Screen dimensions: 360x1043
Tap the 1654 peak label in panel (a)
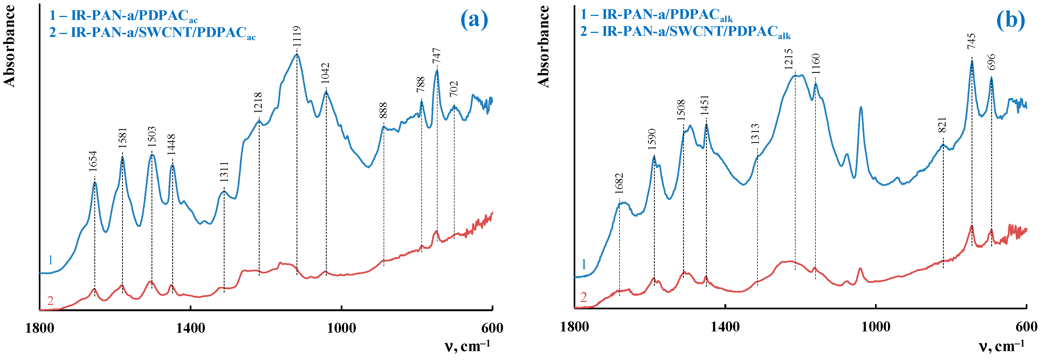[93, 161]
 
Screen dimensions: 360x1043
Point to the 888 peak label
[383, 111]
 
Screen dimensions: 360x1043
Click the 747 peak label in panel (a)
[436, 56]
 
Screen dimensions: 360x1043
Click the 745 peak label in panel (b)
[971, 41]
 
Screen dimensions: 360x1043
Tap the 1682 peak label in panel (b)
[619, 183]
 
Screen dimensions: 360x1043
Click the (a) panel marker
[474, 19]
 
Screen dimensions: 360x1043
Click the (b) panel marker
[1011, 19]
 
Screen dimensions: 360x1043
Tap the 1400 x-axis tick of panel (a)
[190, 328]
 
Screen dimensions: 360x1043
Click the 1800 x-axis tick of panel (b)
[574, 326]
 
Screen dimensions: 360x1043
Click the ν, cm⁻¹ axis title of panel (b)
[1002, 346]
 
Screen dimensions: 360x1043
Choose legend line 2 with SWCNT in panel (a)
[152, 32]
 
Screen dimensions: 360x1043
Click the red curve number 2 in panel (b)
[583, 298]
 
